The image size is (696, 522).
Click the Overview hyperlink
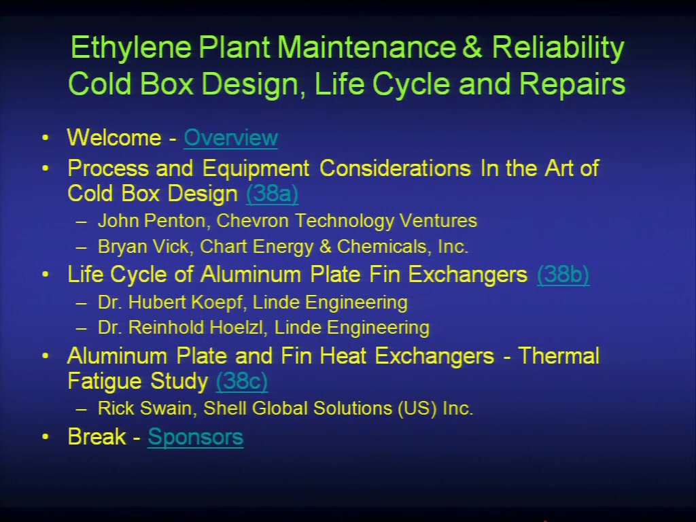(x=231, y=138)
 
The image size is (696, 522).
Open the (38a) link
(x=272, y=194)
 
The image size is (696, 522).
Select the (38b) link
(x=563, y=275)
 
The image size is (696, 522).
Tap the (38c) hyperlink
(x=241, y=381)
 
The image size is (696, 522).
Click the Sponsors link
(x=195, y=438)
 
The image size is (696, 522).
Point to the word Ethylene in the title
(x=131, y=48)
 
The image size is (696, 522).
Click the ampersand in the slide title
(x=472, y=47)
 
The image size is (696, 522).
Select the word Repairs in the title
(x=572, y=85)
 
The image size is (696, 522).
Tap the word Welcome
(x=114, y=137)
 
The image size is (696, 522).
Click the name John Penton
(x=152, y=221)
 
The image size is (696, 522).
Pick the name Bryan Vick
(x=143, y=247)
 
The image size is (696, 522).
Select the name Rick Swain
(x=145, y=408)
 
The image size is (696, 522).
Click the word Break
(x=97, y=437)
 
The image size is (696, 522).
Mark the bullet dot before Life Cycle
(x=46, y=275)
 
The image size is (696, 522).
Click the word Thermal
(x=559, y=356)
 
